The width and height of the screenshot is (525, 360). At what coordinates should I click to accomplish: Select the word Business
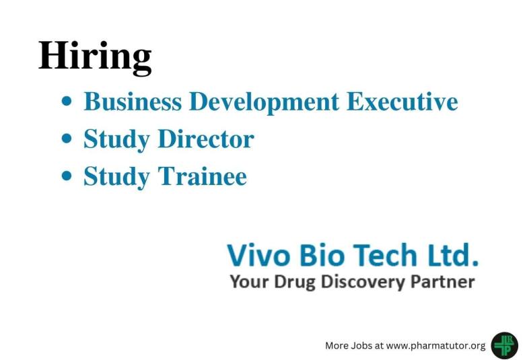[x=133, y=102]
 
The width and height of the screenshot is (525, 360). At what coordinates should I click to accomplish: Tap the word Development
[x=263, y=103]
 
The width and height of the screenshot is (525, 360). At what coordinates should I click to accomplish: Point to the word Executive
[x=402, y=102]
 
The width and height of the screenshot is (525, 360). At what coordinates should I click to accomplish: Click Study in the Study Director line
[x=116, y=140]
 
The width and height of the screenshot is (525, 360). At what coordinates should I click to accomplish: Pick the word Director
[x=205, y=139]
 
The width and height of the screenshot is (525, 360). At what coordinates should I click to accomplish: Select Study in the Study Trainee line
[x=116, y=177]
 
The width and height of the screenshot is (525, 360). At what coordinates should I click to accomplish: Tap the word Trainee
[x=202, y=176]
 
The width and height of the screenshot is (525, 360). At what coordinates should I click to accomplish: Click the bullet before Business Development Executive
[x=67, y=102]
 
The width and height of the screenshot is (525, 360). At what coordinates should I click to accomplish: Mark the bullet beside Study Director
[x=67, y=139]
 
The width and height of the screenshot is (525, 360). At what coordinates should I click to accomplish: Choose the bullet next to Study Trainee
[x=67, y=176]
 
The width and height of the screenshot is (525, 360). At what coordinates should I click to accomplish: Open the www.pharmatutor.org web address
[x=435, y=345]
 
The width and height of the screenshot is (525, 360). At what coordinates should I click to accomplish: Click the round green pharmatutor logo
[x=504, y=345]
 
